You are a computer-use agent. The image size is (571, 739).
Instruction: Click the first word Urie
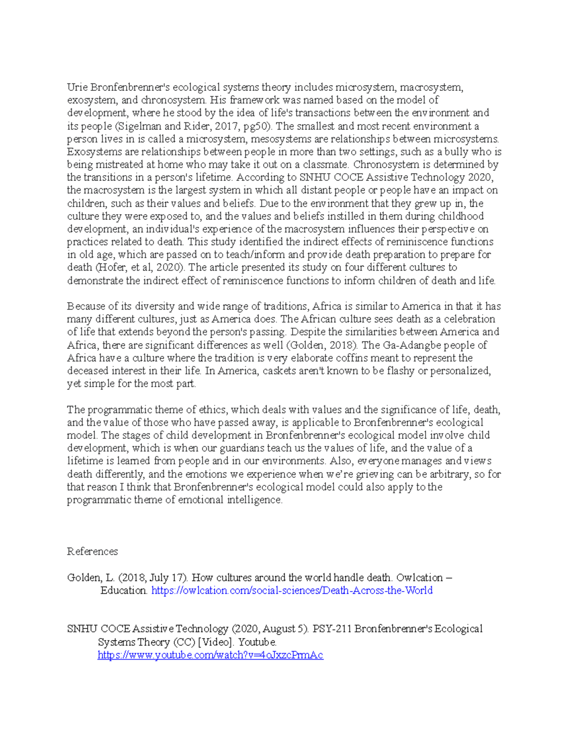click(77, 87)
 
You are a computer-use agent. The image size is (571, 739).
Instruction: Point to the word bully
click(456, 152)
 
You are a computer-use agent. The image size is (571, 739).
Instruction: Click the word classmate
click(326, 165)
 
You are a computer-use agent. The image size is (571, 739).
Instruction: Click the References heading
click(92, 552)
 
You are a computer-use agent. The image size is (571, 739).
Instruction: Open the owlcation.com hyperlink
click(292, 591)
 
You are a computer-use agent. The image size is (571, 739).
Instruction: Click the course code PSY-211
click(332, 629)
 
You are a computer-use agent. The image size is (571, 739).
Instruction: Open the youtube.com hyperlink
click(210, 655)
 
